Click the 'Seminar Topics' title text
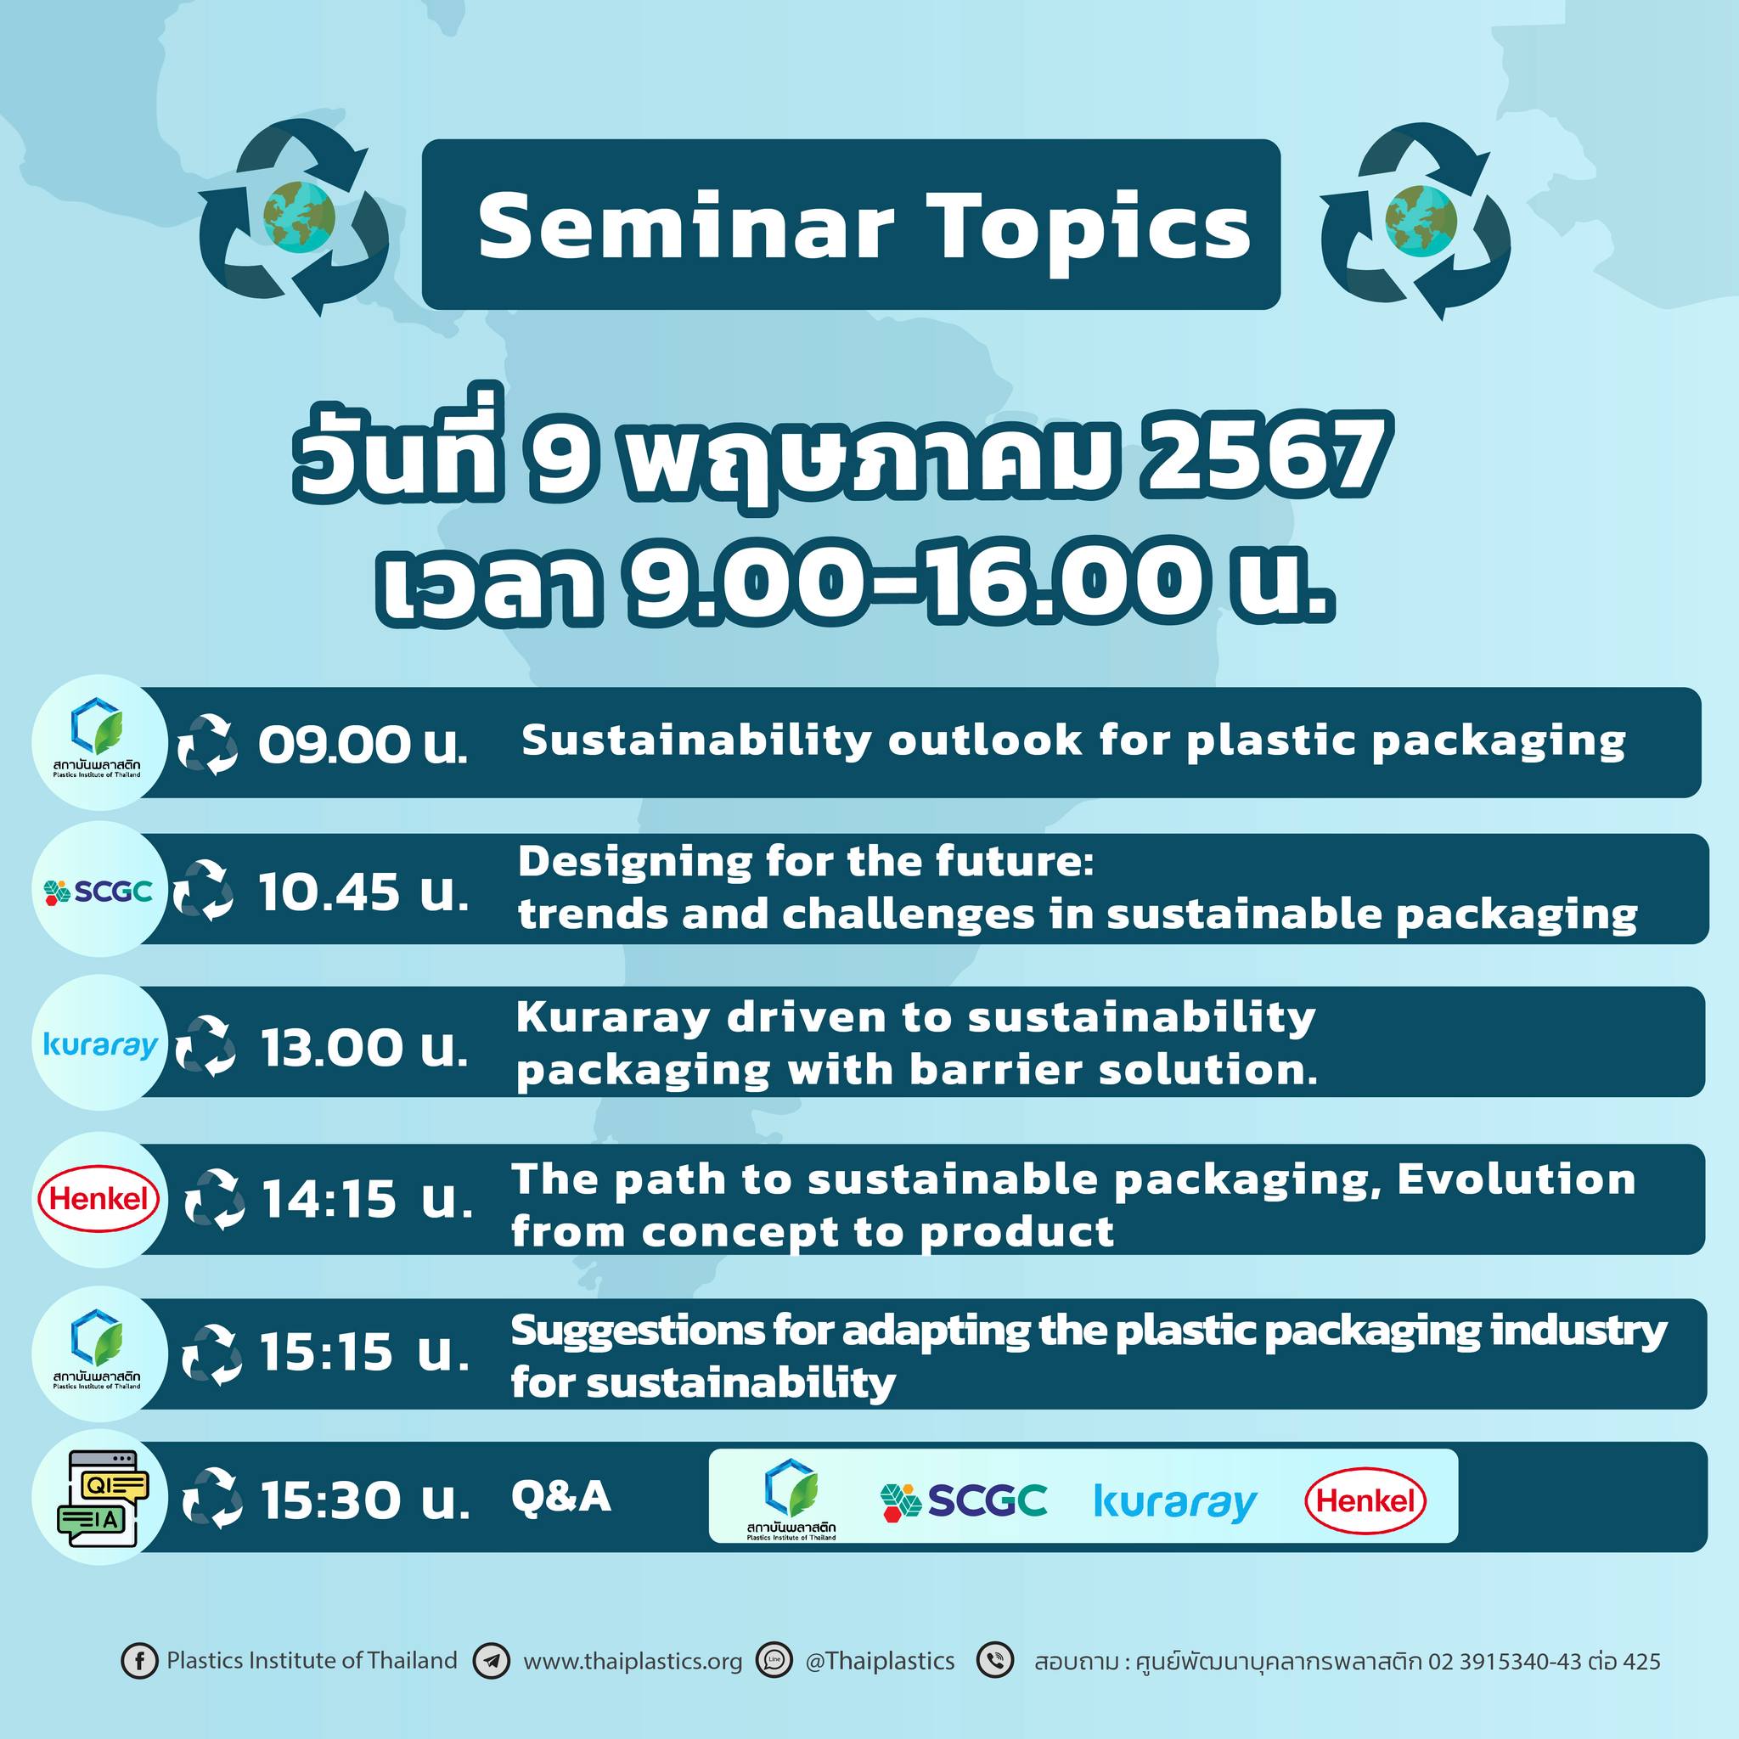[864, 226]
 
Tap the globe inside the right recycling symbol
[1421, 218]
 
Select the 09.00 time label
[363, 745]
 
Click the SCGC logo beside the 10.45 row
[98, 891]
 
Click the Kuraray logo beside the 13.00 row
[100, 1044]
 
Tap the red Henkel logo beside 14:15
[99, 1198]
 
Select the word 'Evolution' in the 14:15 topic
[1516, 1179]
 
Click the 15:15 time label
[364, 1352]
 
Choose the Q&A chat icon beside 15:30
[103, 1499]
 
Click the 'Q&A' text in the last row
[560, 1497]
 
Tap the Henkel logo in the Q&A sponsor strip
[1365, 1500]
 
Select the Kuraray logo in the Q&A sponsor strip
[1175, 1501]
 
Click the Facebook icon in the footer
[138, 1661]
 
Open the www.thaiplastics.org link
[633, 1661]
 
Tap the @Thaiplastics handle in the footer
[880, 1661]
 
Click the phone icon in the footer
[995, 1661]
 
